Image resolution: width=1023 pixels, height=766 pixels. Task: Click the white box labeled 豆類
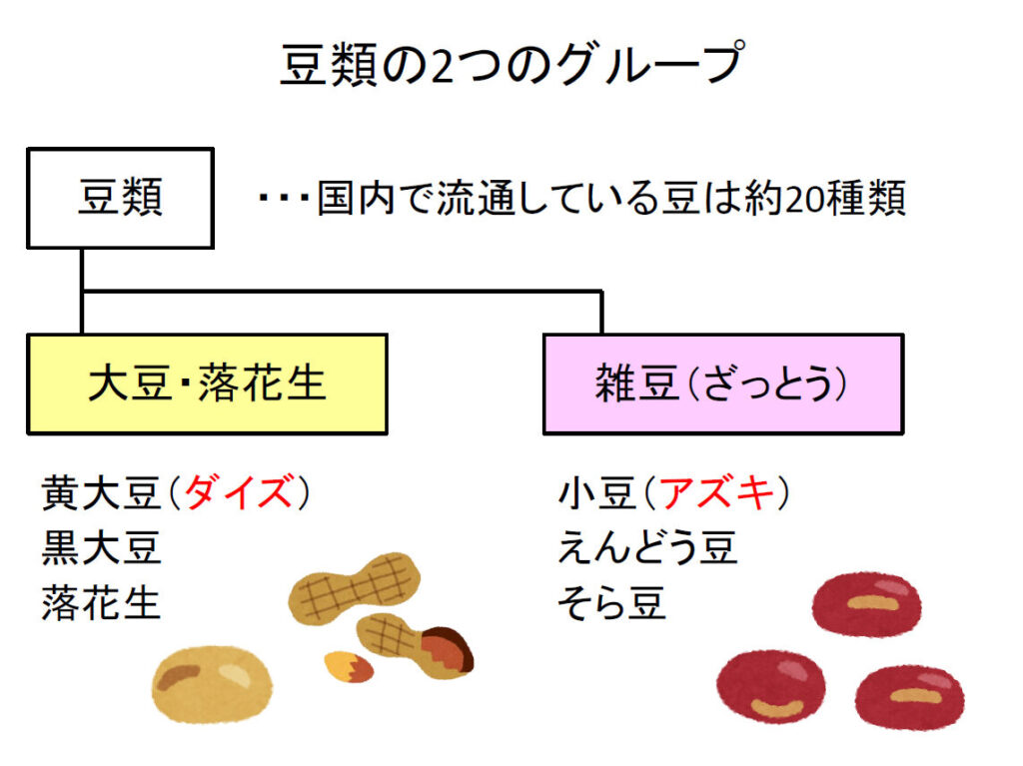point(120,198)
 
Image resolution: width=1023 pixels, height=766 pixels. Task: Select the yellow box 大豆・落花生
point(207,384)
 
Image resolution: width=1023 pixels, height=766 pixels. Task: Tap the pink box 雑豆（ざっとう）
point(722,384)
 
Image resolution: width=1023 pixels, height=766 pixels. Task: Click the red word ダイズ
point(241,492)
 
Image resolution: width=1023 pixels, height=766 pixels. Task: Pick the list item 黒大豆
point(101,547)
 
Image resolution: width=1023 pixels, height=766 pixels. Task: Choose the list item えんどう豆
point(647,547)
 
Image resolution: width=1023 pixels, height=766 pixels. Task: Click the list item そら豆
point(611,603)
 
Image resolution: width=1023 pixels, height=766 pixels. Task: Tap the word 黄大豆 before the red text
point(101,492)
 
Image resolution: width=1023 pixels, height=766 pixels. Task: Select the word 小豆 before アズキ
point(597,492)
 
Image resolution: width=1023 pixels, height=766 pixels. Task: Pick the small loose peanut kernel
point(348,666)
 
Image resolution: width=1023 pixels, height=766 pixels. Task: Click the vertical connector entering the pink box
point(601,313)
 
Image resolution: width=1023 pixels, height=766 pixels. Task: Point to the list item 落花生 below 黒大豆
point(101,603)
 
